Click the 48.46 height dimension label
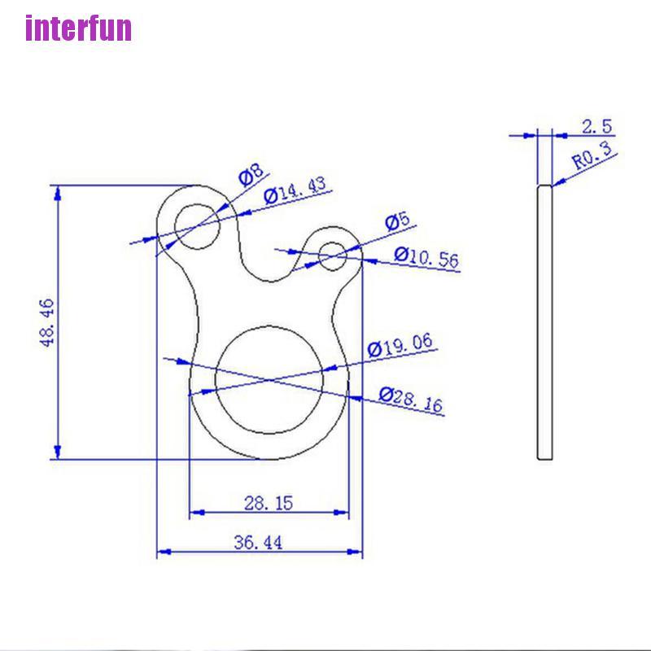pyautogui.click(x=47, y=322)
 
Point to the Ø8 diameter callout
pyautogui.click(x=251, y=174)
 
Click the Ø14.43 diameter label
pyautogui.click(x=296, y=191)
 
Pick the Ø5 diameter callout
pyautogui.click(x=396, y=222)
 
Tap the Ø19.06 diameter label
pyautogui.click(x=400, y=347)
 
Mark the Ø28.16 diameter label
pyautogui.click(x=412, y=400)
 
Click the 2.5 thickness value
pyautogui.click(x=596, y=126)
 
